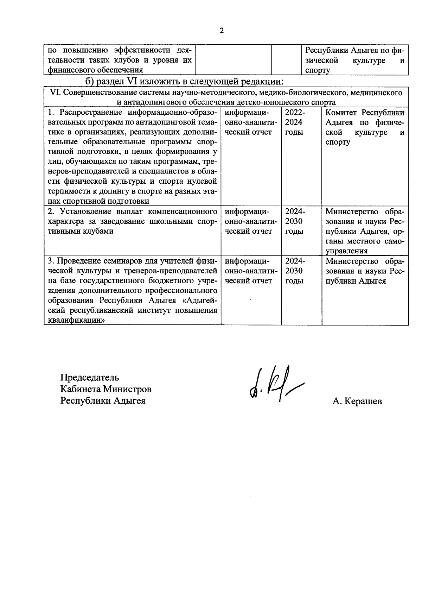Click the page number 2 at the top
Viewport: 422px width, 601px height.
click(221, 31)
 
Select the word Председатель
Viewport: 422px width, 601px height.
click(90, 378)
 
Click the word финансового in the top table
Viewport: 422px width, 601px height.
click(71, 70)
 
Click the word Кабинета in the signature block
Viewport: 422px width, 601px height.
click(80, 389)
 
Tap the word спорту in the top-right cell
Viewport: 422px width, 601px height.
click(318, 70)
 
